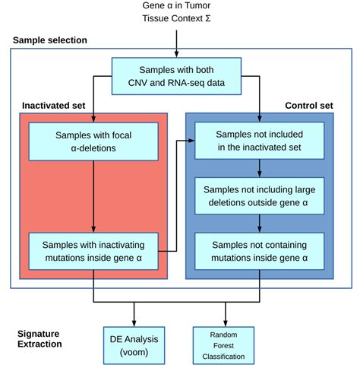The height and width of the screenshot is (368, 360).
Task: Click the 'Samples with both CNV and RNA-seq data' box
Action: coord(176,76)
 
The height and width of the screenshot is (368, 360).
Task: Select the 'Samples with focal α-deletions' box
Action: coord(93,141)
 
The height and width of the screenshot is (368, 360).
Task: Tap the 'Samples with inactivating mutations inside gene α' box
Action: coord(93,251)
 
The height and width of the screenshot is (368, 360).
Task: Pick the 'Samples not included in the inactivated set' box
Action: coord(259,141)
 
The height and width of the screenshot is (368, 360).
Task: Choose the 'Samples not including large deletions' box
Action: coord(259,196)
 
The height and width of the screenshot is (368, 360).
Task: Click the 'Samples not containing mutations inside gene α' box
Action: coord(259,251)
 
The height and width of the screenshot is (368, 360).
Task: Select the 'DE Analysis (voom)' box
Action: coord(134,345)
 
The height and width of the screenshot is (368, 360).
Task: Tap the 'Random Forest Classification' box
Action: coord(223,345)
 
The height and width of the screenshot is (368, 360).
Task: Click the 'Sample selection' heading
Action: coord(50,40)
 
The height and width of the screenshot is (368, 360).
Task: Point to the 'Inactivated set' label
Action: coord(54,106)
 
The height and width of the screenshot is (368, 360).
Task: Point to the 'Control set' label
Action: coord(309,106)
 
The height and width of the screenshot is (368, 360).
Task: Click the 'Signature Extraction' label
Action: coord(39,339)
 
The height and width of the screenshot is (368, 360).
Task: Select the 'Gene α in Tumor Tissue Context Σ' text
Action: coord(176,11)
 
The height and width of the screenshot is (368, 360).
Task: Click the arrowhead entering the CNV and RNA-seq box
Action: coord(176,55)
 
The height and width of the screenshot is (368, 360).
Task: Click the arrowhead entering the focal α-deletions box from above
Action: coord(93,119)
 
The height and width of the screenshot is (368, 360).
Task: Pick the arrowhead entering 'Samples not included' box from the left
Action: coord(191,141)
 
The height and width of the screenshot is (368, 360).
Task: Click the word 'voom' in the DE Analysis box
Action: coord(134,352)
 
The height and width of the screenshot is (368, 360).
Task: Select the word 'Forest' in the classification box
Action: coord(223,345)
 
